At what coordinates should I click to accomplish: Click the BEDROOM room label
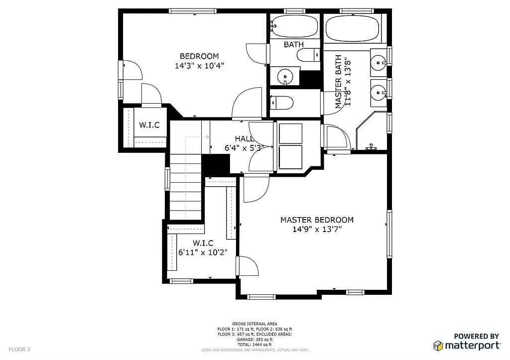click(x=199, y=56)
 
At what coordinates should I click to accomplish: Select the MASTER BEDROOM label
click(x=317, y=220)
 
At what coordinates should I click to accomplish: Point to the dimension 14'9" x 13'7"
click(x=317, y=229)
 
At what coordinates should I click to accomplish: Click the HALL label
click(x=244, y=138)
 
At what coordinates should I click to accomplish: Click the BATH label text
click(x=294, y=44)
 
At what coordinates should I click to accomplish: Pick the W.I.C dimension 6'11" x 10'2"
click(x=203, y=252)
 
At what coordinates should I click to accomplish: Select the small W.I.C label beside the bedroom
click(x=149, y=125)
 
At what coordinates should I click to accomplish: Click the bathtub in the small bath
click(x=294, y=26)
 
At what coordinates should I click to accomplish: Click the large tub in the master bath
click(x=353, y=27)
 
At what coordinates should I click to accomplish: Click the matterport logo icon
click(x=438, y=346)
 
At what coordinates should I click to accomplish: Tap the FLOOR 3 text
click(x=19, y=350)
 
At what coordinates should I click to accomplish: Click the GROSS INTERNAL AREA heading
click(x=255, y=324)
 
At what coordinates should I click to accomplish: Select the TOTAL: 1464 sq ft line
click(x=255, y=345)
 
